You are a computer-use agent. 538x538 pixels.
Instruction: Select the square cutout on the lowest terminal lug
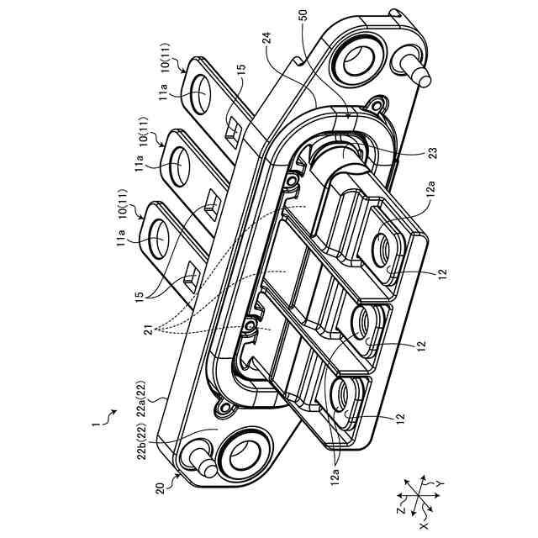(193, 274)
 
